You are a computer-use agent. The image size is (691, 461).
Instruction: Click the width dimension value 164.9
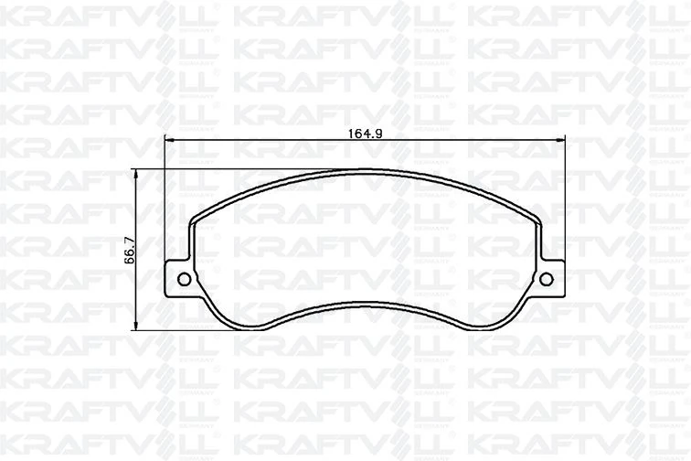pos(364,133)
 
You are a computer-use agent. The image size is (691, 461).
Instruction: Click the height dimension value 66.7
pos(129,249)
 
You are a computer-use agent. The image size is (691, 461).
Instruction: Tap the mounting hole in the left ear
pos(181,279)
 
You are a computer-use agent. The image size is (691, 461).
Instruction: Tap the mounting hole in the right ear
pos(548,279)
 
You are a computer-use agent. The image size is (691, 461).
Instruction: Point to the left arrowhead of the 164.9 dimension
pos(168,139)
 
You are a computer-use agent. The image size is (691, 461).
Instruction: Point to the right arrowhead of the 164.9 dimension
pos(562,139)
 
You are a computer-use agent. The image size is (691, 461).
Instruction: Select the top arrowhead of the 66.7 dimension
pos(136,174)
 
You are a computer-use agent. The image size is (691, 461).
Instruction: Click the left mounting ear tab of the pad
pos(179,279)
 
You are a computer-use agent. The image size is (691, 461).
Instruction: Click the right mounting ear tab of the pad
pos(550,279)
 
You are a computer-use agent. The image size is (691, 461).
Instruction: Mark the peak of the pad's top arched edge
pos(366,170)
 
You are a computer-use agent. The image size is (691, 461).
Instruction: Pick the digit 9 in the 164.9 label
pos(377,133)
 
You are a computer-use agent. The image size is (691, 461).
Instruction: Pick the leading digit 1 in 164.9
pos(350,133)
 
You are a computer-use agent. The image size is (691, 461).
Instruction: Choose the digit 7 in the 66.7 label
pos(129,239)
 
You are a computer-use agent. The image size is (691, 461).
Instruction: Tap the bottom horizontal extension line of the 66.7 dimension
pos(183,329)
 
